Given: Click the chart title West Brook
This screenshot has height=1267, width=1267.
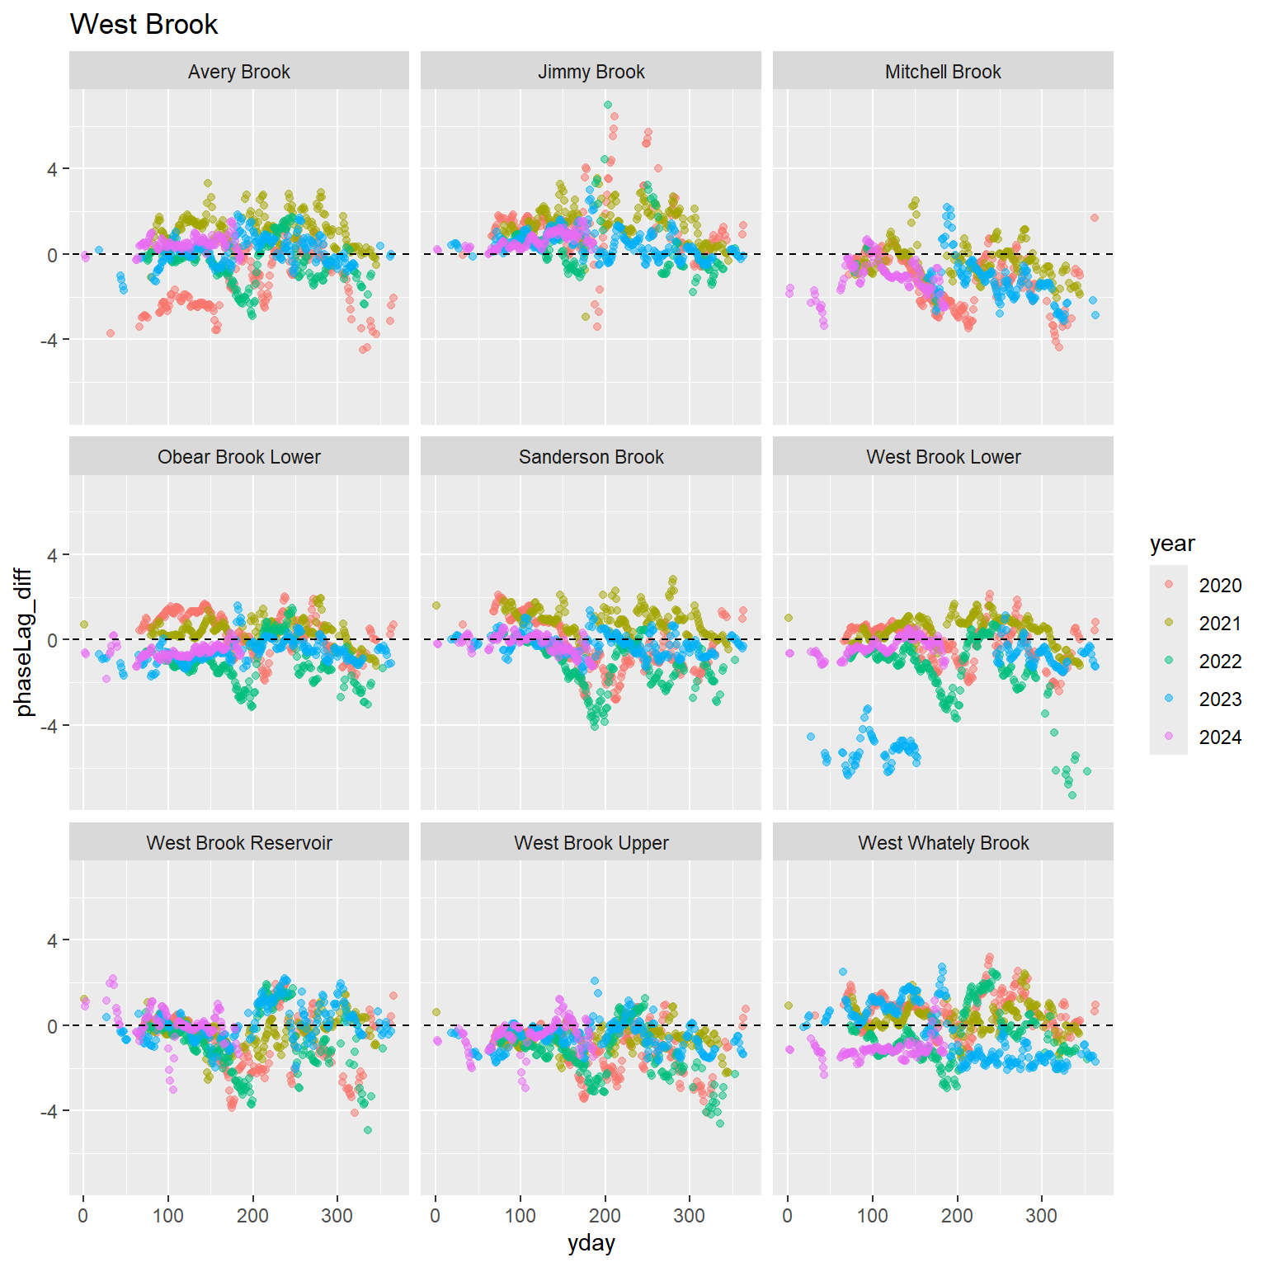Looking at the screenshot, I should click(x=144, y=25).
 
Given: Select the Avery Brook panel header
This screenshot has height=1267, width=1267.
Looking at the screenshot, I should click(x=239, y=72).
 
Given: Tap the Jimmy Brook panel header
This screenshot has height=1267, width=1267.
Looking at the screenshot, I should click(x=591, y=72).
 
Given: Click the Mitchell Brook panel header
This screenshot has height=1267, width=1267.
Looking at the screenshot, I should click(x=943, y=72).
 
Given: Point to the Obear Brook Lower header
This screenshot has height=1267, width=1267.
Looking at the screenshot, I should click(x=239, y=457).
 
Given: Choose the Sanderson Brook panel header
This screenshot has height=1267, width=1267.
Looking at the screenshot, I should click(x=591, y=457).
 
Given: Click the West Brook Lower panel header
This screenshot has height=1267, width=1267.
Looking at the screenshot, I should click(x=943, y=457).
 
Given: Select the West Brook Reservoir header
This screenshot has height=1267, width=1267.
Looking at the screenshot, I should click(x=239, y=843).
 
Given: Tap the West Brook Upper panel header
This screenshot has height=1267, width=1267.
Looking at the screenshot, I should click(x=591, y=843).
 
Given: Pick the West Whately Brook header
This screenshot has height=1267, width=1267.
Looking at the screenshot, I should click(x=943, y=843).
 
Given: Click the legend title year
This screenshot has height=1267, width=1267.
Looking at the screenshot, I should click(x=1172, y=544).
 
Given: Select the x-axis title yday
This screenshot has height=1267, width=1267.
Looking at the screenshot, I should click(x=591, y=1244).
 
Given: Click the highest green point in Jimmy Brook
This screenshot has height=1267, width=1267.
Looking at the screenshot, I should click(x=608, y=105).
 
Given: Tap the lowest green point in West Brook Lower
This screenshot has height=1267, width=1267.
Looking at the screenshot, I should click(x=1072, y=795).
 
